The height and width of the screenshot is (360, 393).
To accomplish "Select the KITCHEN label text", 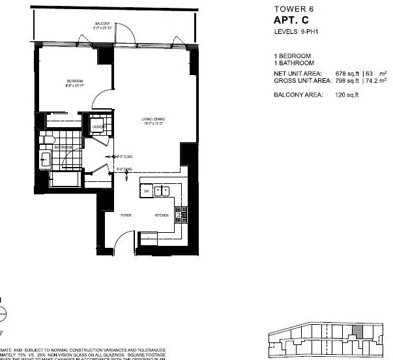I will [162, 215].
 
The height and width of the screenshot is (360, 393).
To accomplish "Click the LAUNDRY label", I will [99, 128].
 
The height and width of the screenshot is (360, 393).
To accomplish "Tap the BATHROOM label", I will [63, 147].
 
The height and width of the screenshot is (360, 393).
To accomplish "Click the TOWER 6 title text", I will [291, 9].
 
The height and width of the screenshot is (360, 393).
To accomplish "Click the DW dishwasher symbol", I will [147, 191].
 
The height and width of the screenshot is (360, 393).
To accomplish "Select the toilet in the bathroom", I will [46, 139].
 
